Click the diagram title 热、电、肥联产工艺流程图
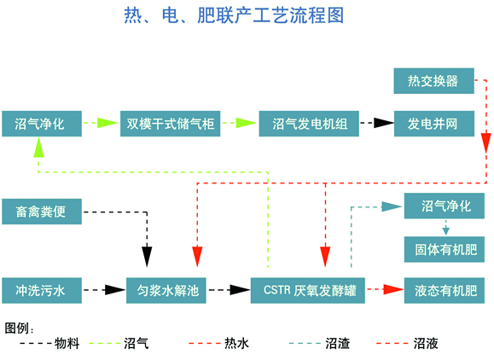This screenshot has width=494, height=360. pos(234,15)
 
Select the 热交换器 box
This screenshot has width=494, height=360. pos(433,81)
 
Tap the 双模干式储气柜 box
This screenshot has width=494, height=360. pos(170,124)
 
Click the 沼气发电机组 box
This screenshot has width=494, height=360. pos(309,124)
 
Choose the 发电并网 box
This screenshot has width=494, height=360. pos(434,124)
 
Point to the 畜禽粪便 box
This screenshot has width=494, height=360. pos(42,212)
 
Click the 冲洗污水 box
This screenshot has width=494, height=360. pos(42,290)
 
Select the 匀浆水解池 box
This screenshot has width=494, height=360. pos(166,290)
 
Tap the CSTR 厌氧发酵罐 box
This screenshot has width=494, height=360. pos(308,290)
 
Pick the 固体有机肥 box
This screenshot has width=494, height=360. pos(445,249)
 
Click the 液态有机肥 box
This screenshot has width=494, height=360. pos(445,290)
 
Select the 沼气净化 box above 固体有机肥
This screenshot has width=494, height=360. pos(445,206)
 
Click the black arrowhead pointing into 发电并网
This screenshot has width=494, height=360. pos(384,123)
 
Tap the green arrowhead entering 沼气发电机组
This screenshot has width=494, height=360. pos(246,123)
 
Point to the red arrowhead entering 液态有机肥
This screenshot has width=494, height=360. pos(393,289)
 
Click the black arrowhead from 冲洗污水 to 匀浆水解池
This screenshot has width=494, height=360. pos(115,290)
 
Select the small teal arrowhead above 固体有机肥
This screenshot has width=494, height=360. pos(445,230)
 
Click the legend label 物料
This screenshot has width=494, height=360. pos(67,343)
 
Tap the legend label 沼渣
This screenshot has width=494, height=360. pos(337,343)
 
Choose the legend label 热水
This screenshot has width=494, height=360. pos(236,343)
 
